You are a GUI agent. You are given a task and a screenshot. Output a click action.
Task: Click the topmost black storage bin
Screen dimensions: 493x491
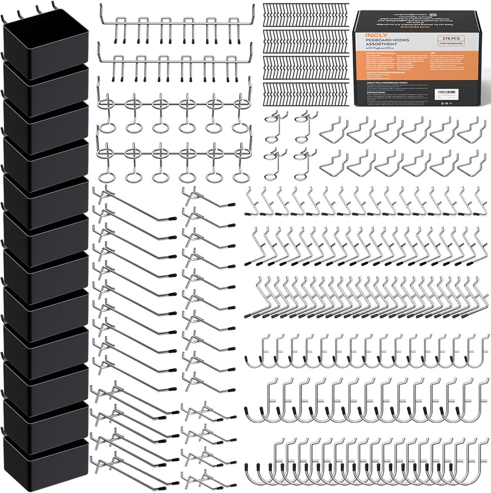(x=45, y=42)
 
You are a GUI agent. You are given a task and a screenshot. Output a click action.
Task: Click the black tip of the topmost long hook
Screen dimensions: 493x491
(x=172, y=217)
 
